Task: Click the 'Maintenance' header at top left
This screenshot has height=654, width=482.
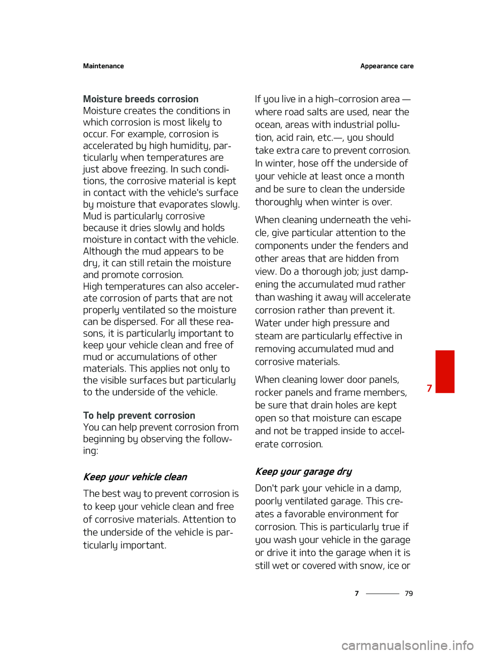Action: [103, 66]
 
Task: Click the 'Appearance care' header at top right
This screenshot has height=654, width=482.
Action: [387, 66]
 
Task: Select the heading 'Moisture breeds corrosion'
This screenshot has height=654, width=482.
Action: [141, 99]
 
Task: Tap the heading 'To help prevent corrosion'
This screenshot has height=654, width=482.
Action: [139, 416]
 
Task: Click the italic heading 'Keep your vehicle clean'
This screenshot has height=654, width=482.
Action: [135, 477]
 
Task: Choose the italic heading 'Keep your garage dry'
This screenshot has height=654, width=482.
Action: [303, 471]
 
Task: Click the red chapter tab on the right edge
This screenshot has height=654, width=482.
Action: [445, 371]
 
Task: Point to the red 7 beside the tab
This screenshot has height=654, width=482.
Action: [429, 388]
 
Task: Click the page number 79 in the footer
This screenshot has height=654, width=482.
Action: [409, 593]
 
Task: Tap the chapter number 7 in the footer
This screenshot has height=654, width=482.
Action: [357, 593]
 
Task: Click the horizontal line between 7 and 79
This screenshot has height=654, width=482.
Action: [382, 593]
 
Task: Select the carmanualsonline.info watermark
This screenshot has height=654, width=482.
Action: [407, 645]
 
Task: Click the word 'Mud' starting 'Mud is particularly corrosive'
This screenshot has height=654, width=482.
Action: [92, 216]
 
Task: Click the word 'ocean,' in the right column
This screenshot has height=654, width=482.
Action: [269, 125]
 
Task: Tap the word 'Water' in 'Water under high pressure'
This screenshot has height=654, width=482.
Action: [269, 323]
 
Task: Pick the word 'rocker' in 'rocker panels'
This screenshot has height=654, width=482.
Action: [269, 393]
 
